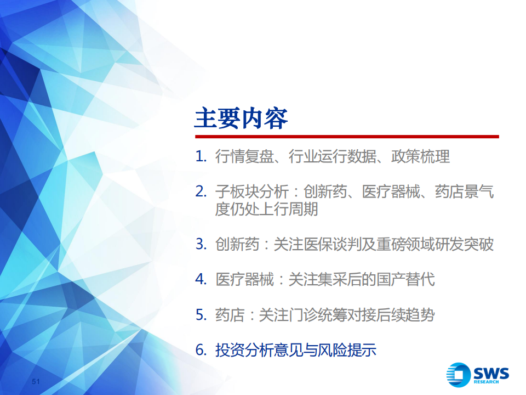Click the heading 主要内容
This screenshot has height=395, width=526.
(x=241, y=119)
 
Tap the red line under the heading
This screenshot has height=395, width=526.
(x=347, y=137)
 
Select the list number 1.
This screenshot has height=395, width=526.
(x=201, y=156)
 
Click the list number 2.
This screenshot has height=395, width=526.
(x=201, y=192)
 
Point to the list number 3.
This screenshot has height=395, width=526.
(x=201, y=244)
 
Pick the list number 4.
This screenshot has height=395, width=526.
(x=201, y=279)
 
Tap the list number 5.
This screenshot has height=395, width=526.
(x=201, y=315)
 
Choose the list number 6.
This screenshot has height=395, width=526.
(x=201, y=351)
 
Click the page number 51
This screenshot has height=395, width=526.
(x=36, y=381)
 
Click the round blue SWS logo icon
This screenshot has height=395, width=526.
(x=458, y=375)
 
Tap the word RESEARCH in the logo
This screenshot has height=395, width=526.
(x=486, y=382)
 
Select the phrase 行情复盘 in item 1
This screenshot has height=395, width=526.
(x=244, y=156)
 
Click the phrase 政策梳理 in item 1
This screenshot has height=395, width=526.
(x=420, y=156)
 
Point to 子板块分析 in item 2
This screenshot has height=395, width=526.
(x=252, y=192)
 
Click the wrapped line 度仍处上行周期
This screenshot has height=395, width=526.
(x=266, y=209)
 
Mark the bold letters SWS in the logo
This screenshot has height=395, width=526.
(x=491, y=373)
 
